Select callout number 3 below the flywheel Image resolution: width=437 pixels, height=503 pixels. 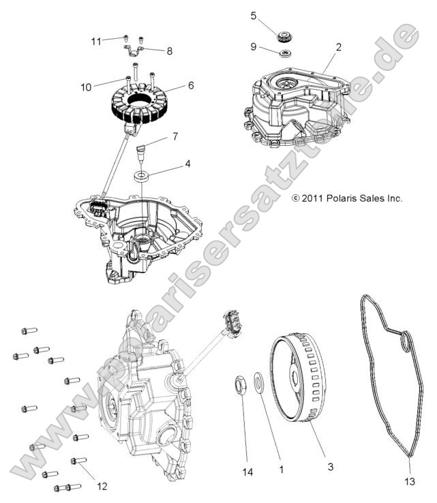click(x=330, y=467)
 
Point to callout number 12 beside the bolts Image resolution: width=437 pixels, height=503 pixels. click(x=102, y=487)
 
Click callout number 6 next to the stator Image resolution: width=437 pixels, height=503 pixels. click(x=191, y=85)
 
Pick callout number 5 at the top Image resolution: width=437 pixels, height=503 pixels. click(x=254, y=15)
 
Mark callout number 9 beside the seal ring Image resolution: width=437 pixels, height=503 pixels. click(x=254, y=47)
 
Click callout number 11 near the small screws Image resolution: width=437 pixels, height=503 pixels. click(x=97, y=42)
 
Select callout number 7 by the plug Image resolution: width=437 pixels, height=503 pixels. click(x=175, y=137)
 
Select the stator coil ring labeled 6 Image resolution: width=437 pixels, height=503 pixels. click(x=144, y=102)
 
